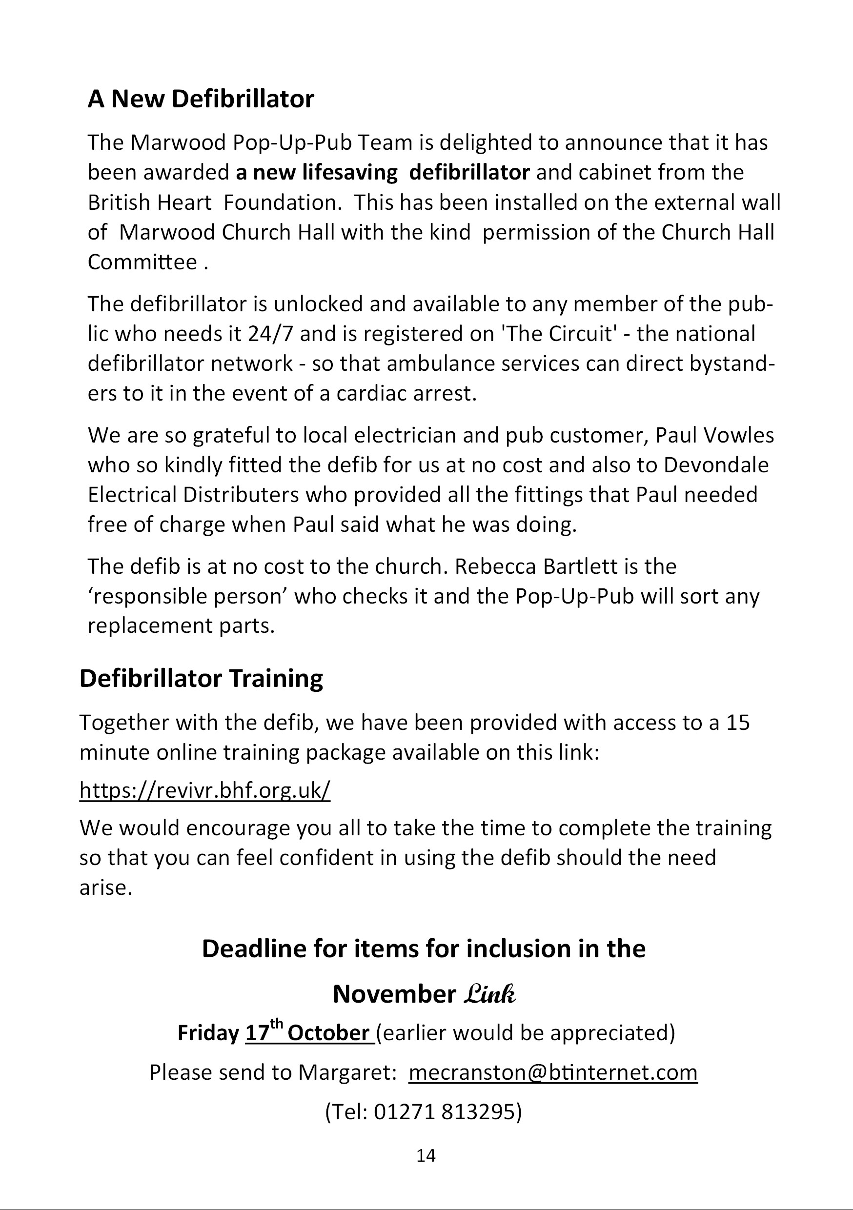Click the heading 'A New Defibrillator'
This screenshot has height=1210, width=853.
click(x=201, y=99)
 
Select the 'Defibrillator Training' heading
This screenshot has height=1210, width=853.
click(x=201, y=679)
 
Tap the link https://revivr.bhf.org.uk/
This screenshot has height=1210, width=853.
click(x=204, y=790)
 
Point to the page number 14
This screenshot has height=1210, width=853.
click(x=426, y=1156)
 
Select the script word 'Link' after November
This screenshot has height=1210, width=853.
click(x=490, y=994)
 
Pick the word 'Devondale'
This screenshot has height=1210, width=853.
click(x=715, y=465)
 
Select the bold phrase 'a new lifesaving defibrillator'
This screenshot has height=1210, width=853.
click(x=382, y=173)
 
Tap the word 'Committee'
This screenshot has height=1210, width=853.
click(x=142, y=262)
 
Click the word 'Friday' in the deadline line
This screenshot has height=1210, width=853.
click(x=208, y=1033)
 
